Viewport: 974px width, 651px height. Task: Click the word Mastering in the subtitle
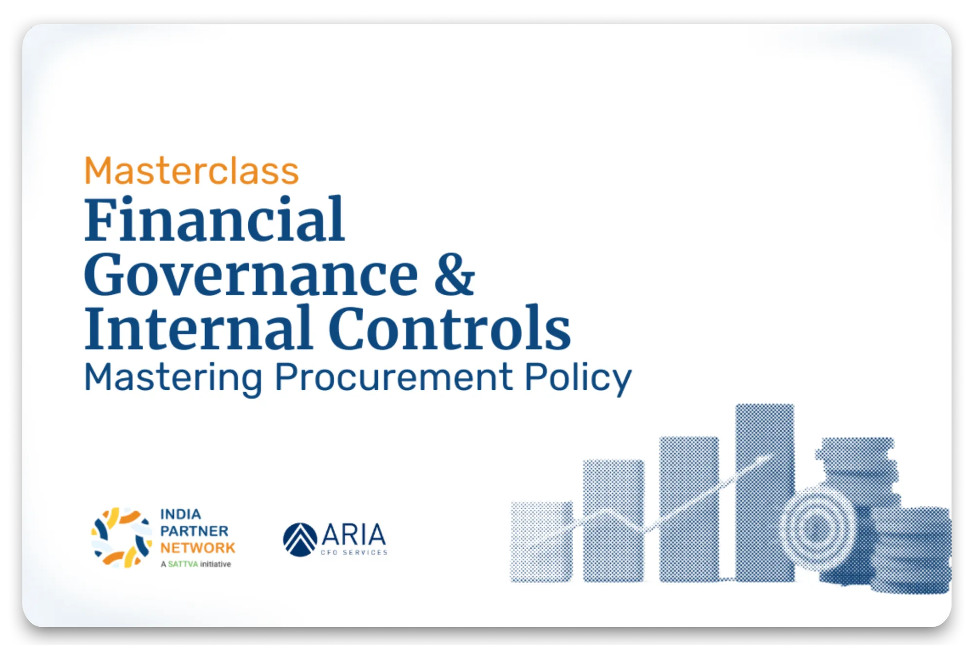tap(173, 378)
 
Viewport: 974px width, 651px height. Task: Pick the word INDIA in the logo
tap(181, 514)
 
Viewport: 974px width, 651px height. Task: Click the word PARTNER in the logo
tap(194, 531)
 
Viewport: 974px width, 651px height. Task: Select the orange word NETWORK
tap(198, 548)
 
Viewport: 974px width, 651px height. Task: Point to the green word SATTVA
tap(183, 564)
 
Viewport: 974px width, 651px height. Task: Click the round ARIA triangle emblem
tap(300, 539)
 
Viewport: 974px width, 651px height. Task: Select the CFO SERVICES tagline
tap(354, 552)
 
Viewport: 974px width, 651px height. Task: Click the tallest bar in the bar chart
tap(765, 492)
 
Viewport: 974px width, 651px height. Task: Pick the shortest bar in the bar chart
tap(542, 541)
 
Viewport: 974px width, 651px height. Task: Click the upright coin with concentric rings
tap(817, 527)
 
